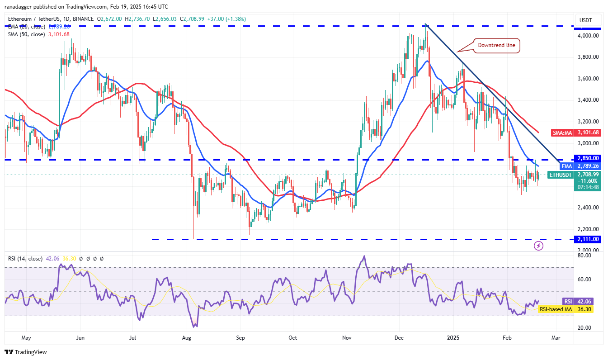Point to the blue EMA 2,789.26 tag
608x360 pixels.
[x=567, y=166]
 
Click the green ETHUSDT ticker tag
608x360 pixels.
[x=561, y=175]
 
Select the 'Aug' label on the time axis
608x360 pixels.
[x=186, y=337]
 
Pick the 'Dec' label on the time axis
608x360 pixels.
[x=399, y=337]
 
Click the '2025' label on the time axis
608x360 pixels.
[x=452, y=337]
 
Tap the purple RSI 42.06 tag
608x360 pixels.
[x=568, y=301]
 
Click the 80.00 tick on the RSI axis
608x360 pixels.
[x=584, y=255]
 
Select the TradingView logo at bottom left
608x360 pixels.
[x=26, y=352]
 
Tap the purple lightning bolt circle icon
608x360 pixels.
[x=538, y=246]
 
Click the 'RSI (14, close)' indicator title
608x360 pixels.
[x=25, y=259]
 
